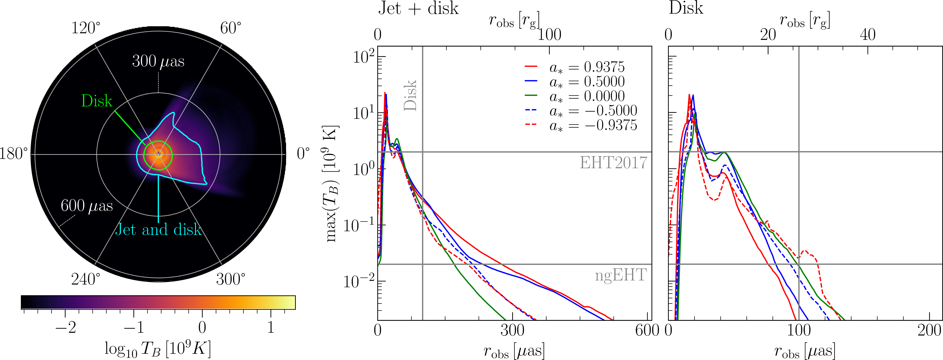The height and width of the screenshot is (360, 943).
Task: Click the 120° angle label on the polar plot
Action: (86, 28)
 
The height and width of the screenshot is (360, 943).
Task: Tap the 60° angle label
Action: (231, 28)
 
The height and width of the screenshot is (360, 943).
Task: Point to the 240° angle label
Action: (86, 279)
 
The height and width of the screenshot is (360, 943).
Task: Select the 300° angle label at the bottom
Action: (231, 279)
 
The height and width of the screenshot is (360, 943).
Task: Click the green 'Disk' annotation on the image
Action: (97, 101)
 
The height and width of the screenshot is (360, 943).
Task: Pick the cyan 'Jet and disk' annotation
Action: (158, 230)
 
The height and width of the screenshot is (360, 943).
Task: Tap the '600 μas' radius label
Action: (87, 206)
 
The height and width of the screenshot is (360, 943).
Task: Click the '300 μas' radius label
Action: (158, 61)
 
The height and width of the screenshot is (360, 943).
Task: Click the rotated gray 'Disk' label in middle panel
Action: (410, 95)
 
